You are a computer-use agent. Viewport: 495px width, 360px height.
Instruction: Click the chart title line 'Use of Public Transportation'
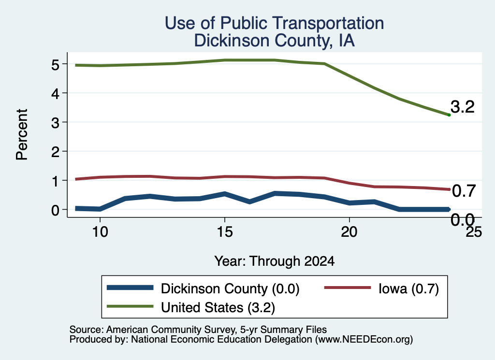pos(274,23)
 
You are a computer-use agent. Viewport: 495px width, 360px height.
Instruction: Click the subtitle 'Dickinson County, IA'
pos(274,41)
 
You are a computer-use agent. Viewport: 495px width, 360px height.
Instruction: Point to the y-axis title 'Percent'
pos(22,135)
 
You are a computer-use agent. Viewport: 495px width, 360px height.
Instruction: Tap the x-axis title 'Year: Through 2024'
pos(275,261)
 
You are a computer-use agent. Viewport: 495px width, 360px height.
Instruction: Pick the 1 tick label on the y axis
pos(56,181)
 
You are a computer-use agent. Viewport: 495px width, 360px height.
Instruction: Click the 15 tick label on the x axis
pos(225,232)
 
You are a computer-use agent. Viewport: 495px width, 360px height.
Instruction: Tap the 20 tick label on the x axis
pos(349,232)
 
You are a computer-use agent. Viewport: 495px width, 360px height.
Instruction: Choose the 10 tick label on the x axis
pos(100,232)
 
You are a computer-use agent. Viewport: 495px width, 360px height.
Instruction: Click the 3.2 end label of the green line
pos(463,107)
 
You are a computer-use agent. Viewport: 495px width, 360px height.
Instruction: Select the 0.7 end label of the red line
pos(464,191)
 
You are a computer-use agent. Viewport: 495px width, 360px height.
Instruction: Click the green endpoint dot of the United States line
pos(449,115)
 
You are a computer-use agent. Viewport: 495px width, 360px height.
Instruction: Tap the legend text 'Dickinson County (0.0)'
pos(230,288)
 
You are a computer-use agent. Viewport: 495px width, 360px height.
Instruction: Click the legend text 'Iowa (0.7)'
pos(408,288)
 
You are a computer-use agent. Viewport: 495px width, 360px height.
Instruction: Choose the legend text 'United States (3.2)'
pos(218,307)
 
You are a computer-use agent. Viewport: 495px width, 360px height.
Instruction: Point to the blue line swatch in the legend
pos(130,288)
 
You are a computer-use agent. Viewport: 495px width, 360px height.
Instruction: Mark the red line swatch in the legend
pos(348,288)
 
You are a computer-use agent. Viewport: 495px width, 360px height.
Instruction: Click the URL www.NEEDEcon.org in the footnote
pos(364,339)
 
